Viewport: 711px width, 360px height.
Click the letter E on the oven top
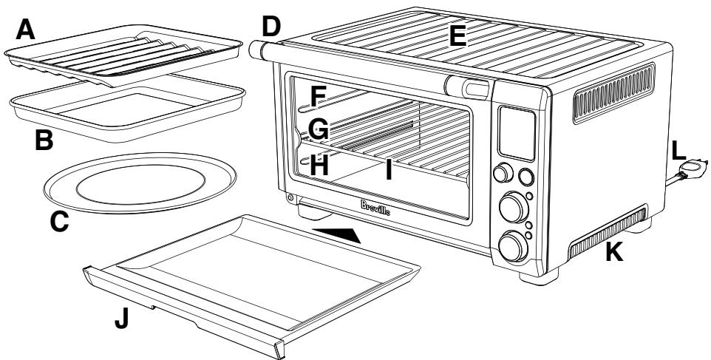[x=458, y=35]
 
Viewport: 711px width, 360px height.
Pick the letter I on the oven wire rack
[x=387, y=169]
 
